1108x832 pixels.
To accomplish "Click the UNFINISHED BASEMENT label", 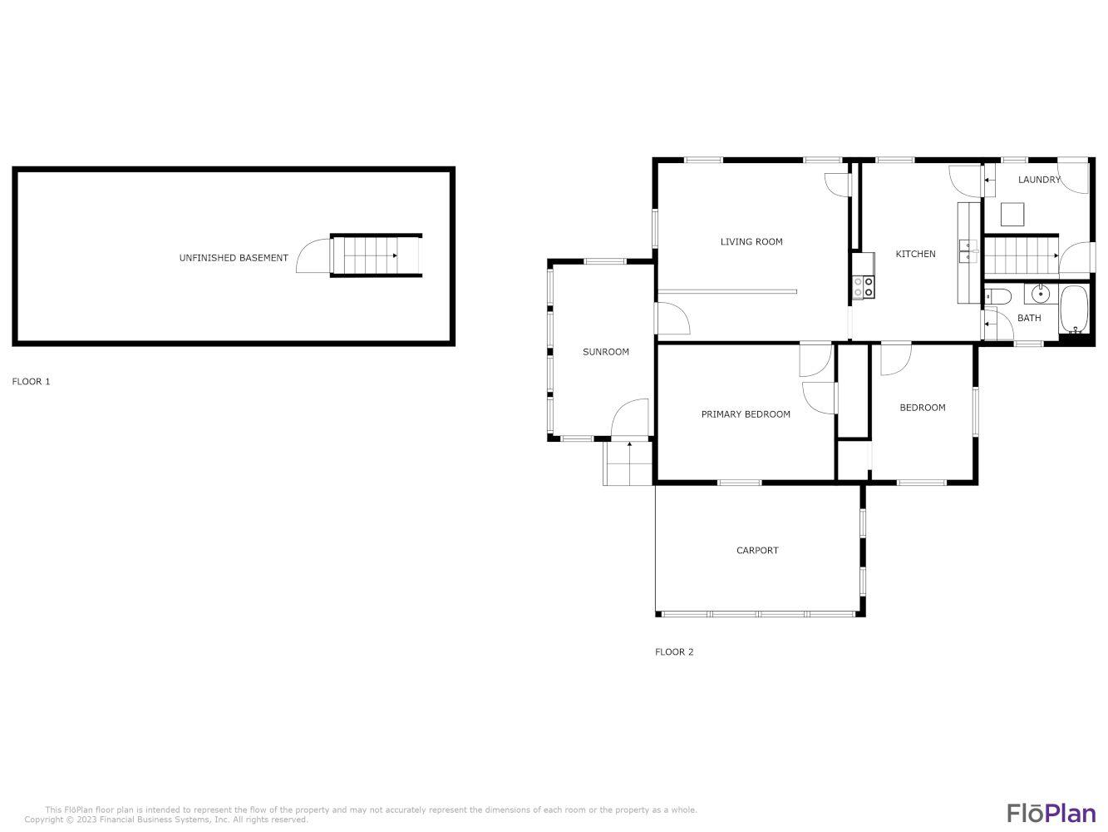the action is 234,258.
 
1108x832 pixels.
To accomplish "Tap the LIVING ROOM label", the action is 751,242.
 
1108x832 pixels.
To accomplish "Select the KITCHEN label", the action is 915,254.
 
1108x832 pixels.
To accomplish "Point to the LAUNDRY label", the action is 1039,180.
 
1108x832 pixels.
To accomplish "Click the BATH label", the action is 1029,318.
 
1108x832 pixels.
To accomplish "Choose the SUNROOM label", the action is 606,352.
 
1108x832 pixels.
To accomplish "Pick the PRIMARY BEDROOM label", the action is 746,414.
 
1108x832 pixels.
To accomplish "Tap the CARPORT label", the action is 757,550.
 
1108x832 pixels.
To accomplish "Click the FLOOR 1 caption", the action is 31,381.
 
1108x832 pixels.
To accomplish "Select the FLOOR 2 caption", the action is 674,651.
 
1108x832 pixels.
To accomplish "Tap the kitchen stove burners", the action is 863,287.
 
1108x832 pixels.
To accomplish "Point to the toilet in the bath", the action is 998,296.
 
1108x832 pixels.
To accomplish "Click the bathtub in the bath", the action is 1074,309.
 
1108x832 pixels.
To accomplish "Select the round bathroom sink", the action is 1041,294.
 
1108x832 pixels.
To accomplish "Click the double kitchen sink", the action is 968,251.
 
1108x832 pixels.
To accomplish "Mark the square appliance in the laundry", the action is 1012,214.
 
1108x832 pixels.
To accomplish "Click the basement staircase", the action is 376,255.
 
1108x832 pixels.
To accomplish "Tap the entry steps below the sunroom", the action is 628,463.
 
